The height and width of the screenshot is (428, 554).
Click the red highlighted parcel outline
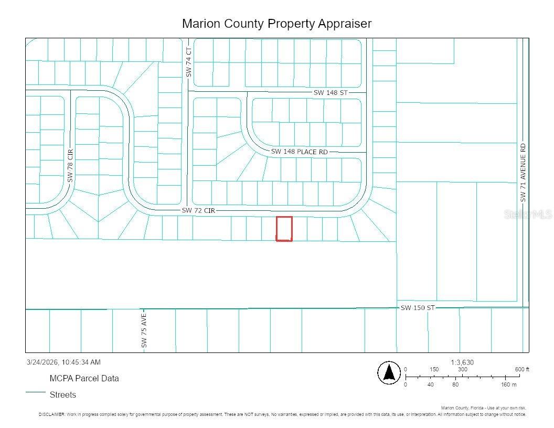[x=284, y=229]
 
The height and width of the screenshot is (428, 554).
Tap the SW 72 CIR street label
[x=198, y=210]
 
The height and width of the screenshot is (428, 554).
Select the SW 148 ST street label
[x=331, y=92]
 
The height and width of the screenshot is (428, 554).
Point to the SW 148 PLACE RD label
[x=299, y=152]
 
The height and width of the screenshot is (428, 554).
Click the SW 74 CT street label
[x=189, y=62]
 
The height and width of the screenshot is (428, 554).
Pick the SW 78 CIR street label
[x=70, y=165]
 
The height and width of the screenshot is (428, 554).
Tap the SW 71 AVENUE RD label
[x=523, y=173]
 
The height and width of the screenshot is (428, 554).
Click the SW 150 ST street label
[x=418, y=308]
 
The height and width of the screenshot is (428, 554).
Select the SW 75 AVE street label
[x=144, y=330]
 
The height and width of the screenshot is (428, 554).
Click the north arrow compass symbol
[x=389, y=373]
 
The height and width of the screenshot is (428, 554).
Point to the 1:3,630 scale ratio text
[x=462, y=362]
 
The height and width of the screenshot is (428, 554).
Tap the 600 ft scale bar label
[x=521, y=370]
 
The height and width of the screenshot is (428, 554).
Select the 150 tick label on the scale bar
[x=434, y=370]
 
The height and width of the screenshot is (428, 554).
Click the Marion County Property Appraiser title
[x=276, y=24]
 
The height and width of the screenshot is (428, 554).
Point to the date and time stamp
[x=63, y=362]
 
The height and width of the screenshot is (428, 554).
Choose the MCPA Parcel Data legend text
[x=84, y=378]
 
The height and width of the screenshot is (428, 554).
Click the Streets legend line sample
[x=36, y=392]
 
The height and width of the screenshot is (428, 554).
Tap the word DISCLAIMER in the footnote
[x=51, y=414]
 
